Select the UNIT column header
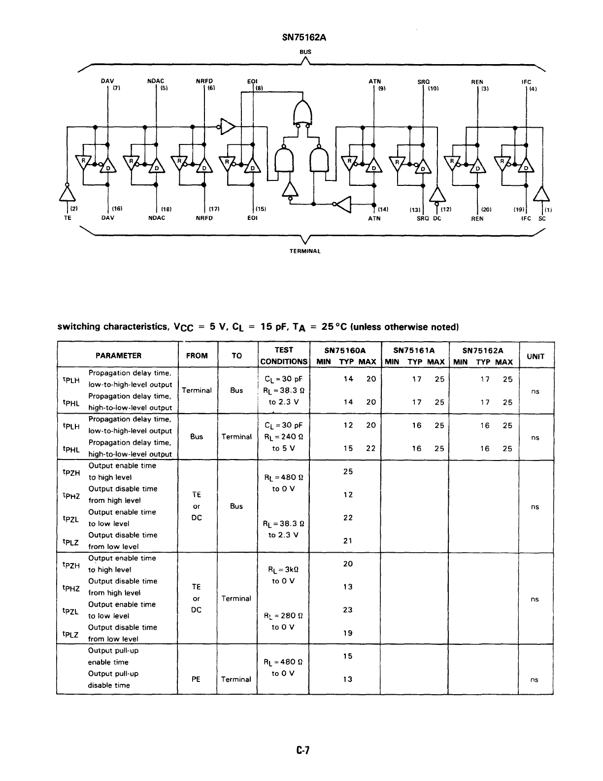point(535,356)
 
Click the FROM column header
point(197,355)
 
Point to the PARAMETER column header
point(118,355)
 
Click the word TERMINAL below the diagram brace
point(305,251)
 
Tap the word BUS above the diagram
point(305,51)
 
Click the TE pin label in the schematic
point(67,218)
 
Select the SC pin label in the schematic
point(542,218)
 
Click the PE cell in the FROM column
point(196,679)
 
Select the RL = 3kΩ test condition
point(283,569)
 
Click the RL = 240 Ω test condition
point(283,437)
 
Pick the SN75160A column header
point(345,351)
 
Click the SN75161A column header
point(414,351)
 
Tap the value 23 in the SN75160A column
point(348,609)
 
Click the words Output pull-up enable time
point(113,656)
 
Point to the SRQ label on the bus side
point(424,82)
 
